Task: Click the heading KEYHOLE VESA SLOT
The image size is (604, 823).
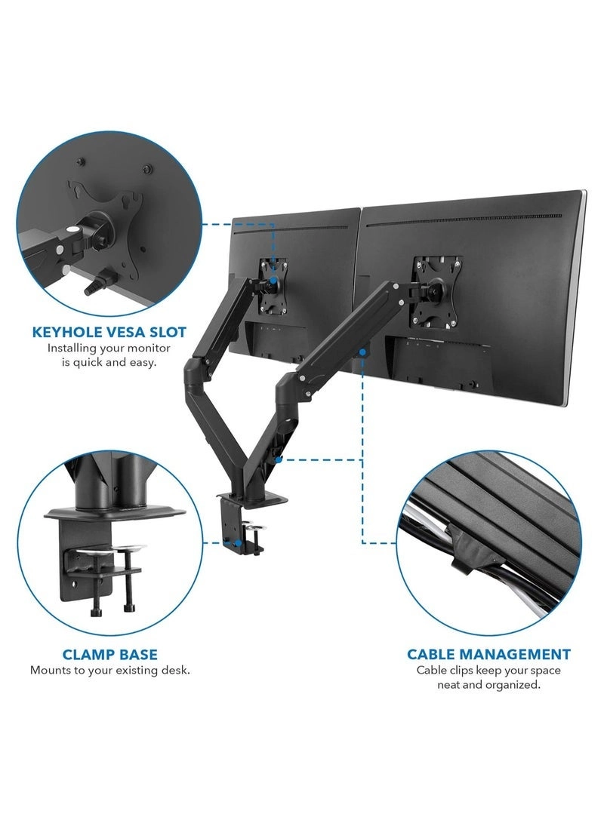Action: pos(109,331)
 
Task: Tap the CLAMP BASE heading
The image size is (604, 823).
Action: pos(109,654)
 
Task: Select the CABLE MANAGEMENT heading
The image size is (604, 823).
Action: pos(488,654)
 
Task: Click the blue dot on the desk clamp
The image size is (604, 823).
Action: pos(237,541)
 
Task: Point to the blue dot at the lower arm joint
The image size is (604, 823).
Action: pos(278,458)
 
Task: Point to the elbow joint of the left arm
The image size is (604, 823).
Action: pos(193,370)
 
